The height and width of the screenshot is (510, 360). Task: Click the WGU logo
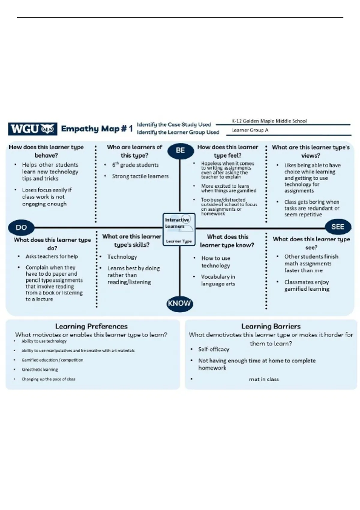click(x=32, y=129)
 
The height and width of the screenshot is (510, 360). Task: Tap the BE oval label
click(x=180, y=150)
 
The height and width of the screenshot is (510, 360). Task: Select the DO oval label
click(x=21, y=227)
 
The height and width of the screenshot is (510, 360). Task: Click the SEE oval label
click(x=337, y=227)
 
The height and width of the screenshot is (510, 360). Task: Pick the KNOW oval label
click(x=179, y=303)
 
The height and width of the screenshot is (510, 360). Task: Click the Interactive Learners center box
click(x=179, y=229)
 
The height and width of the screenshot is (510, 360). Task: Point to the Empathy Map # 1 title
click(x=97, y=129)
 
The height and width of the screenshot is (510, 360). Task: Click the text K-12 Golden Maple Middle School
click(x=269, y=121)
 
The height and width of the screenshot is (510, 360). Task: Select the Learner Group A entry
click(x=250, y=130)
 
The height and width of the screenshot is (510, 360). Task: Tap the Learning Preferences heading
click(x=91, y=326)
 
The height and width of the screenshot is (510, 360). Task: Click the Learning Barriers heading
click(x=271, y=326)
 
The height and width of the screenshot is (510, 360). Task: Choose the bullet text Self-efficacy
click(x=214, y=349)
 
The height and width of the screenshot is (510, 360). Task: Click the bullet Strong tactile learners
click(x=140, y=176)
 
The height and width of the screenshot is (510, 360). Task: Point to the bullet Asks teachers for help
click(x=52, y=256)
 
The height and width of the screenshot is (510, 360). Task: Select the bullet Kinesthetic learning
click(x=40, y=370)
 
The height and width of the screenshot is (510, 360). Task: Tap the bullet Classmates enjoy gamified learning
click(x=307, y=286)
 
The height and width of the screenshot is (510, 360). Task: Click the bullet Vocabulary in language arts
click(x=218, y=280)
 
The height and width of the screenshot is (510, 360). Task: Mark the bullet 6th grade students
click(x=135, y=165)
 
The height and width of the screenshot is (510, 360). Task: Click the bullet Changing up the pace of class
click(x=48, y=379)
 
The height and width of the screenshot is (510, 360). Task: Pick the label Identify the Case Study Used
click(x=174, y=124)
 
